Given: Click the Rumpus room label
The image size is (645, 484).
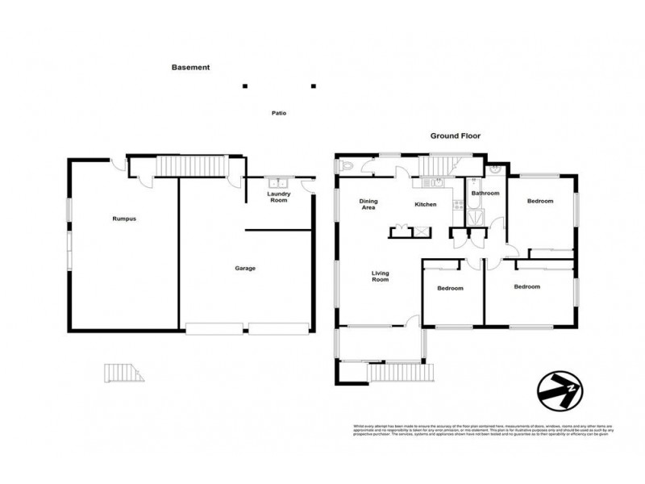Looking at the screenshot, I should pyautogui.click(x=123, y=218).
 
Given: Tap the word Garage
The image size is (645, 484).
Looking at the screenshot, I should pyautogui.click(x=245, y=268).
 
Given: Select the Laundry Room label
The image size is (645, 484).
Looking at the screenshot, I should pyautogui.click(x=278, y=198).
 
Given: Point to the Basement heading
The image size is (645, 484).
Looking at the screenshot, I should pyautogui.click(x=190, y=68).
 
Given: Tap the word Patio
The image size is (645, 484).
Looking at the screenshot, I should pyautogui.click(x=278, y=113).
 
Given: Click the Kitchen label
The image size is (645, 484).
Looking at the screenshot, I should pyautogui.click(x=426, y=204).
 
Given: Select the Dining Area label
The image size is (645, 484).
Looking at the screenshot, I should pyautogui.click(x=368, y=204).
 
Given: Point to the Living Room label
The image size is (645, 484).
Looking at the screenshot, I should pyautogui.click(x=380, y=276).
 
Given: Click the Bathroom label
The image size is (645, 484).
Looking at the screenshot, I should pyautogui.click(x=485, y=194).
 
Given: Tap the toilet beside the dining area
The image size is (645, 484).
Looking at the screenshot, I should pyautogui.click(x=345, y=166).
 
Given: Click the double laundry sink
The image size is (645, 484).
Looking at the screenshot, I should pyautogui.click(x=278, y=182).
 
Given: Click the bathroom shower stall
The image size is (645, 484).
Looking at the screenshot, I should pyautogui.click(x=476, y=214).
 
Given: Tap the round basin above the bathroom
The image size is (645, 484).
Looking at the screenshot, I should pyautogui.click(x=493, y=171).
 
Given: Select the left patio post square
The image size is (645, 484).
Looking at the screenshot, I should pyautogui.click(x=245, y=86).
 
